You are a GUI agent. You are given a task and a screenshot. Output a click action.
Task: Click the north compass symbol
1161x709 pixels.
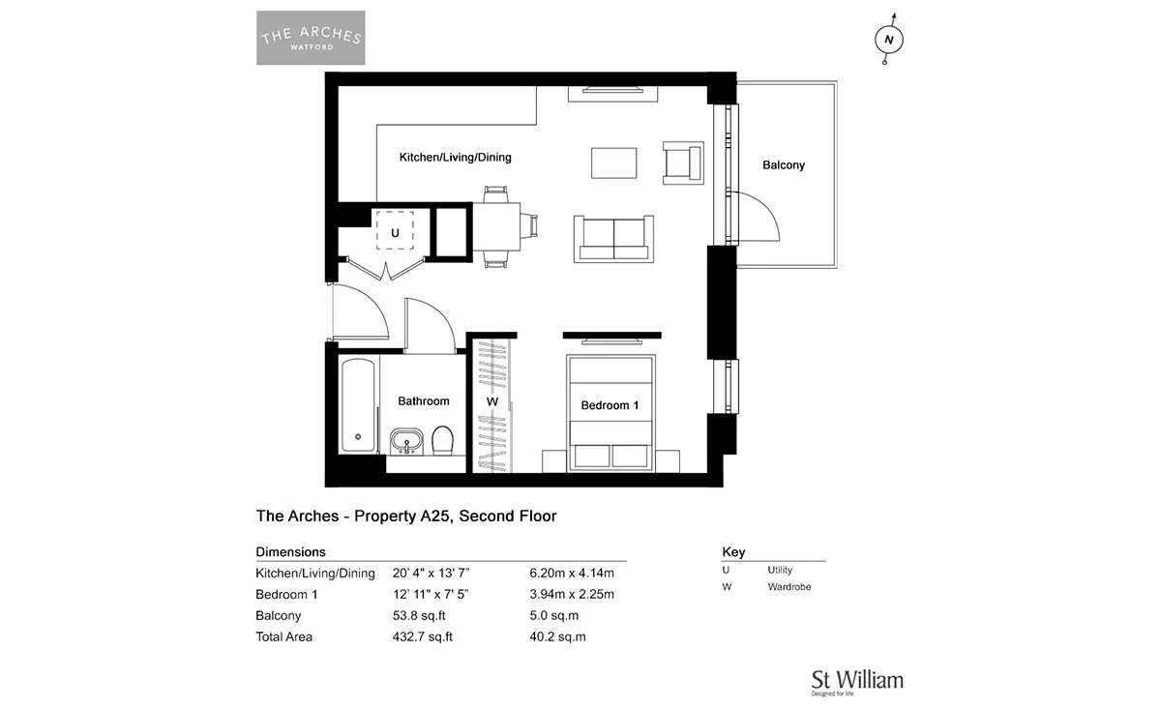(x=889, y=40)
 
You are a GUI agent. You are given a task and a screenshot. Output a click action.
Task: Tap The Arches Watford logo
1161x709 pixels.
(x=311, y=38)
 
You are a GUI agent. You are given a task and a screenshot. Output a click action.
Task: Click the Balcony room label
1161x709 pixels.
(x=783, y=165)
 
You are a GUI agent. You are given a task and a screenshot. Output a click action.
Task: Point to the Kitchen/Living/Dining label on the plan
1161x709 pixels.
(x=455, y=157)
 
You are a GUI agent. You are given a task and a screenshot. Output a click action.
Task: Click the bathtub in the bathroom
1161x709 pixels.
(x=358, y=405)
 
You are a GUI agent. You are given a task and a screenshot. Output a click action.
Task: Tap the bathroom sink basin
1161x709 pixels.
(x=406, y=441)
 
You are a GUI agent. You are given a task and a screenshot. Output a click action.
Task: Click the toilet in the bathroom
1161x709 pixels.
(x=443, y=440)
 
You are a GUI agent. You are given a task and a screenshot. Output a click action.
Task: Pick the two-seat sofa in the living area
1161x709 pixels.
(x=613, y=239)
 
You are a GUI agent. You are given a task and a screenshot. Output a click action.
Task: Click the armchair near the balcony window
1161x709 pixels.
(x=683, y=162)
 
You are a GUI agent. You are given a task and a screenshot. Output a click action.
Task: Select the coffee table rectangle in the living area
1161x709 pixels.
(x=614, y=163)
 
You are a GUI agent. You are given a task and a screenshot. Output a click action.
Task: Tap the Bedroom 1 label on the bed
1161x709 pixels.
(x=610, y=405)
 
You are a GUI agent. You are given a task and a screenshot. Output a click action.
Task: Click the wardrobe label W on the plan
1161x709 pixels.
(x=491, y=401)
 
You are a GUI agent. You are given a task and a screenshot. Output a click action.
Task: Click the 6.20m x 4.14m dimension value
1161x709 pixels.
(x=572, y=574)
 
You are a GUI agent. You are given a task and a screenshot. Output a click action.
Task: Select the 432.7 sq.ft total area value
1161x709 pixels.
(x=423, y=636)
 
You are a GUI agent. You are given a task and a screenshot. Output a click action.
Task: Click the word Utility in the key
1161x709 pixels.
(x=780, y=570)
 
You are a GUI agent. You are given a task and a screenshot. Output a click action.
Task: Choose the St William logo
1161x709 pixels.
(x=857, y=683)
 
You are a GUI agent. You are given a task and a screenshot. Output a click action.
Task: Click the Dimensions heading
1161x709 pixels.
(x=291, y=552)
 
